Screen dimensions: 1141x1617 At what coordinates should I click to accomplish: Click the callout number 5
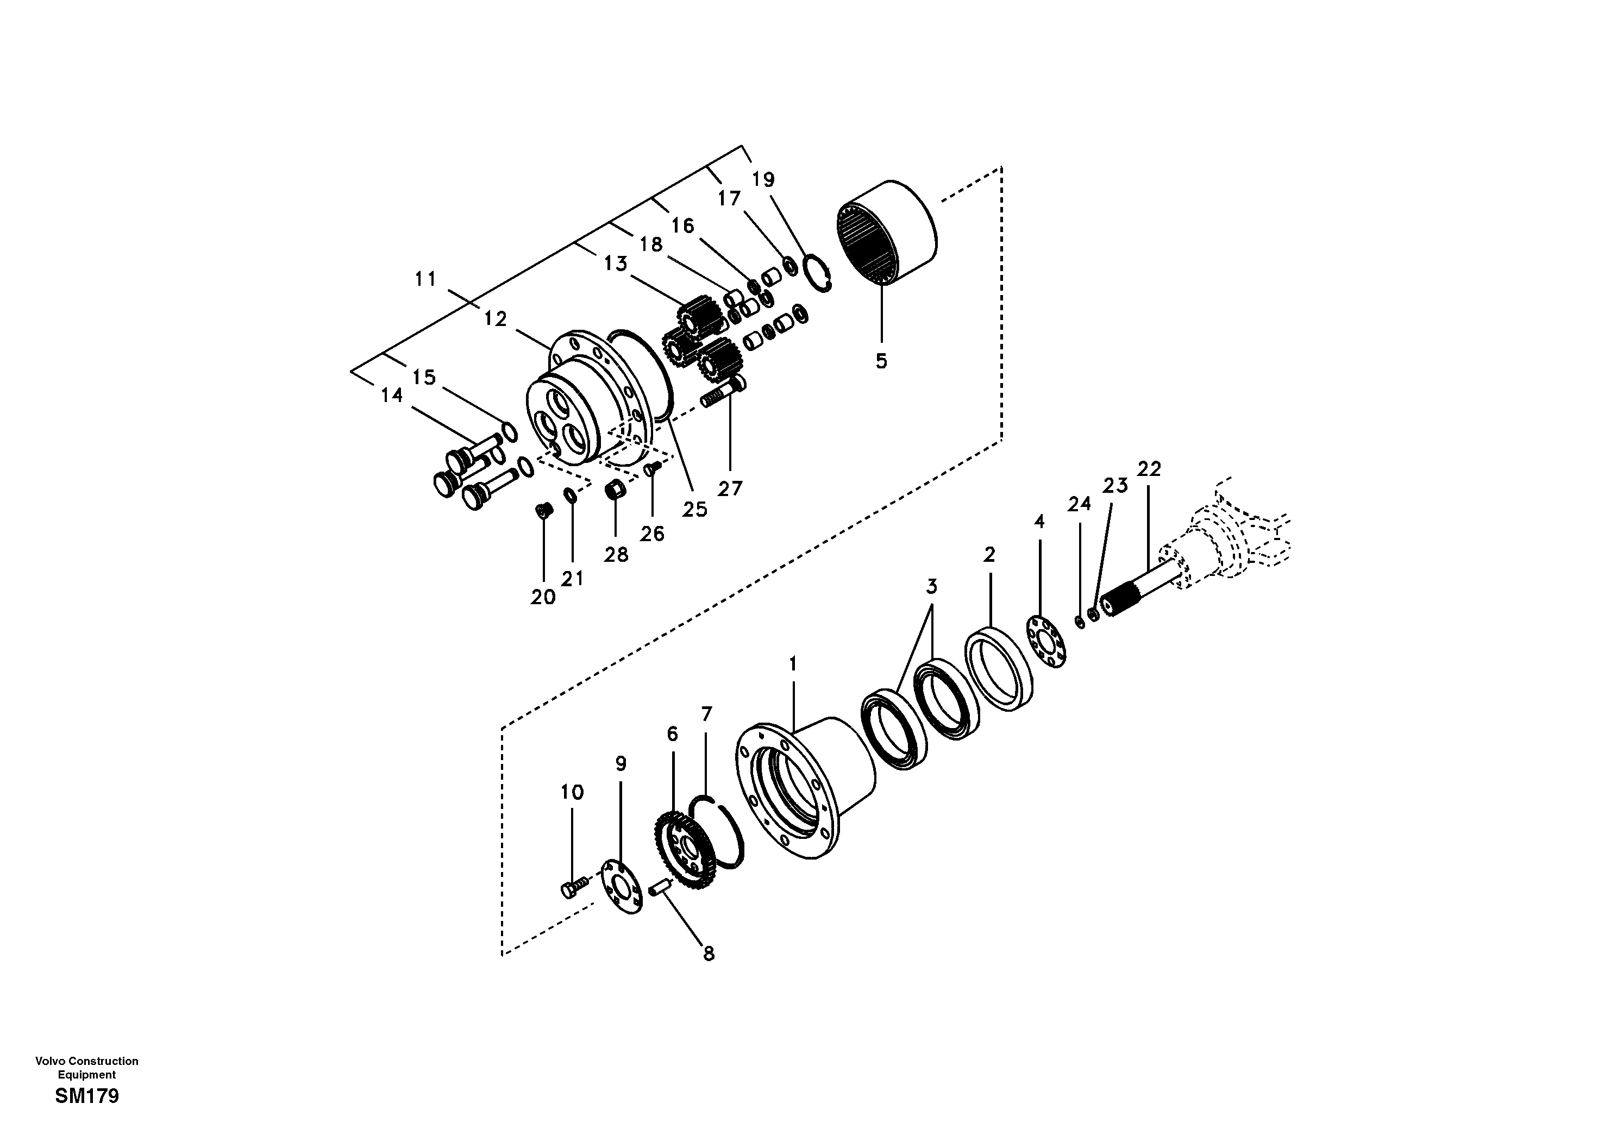[881, 361]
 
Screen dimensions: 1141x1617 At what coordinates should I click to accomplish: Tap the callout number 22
[1149, 468]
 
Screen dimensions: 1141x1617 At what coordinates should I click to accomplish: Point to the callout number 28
[616, 555]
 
